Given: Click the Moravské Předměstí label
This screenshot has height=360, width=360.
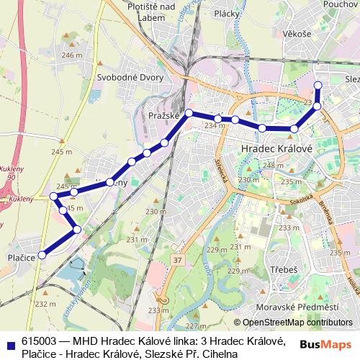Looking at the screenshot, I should [x=302, y=308].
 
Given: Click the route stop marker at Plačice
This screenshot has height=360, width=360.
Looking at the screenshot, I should [x=42, y=254].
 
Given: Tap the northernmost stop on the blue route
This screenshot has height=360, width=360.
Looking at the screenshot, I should [x=318, y=85].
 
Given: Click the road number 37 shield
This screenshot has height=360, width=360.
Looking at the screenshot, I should [x=178, y=258].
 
